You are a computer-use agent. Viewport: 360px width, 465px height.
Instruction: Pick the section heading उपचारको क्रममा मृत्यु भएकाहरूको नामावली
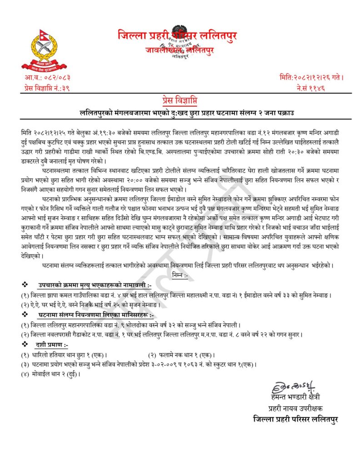pyautogui.click(x=96, y=285)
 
